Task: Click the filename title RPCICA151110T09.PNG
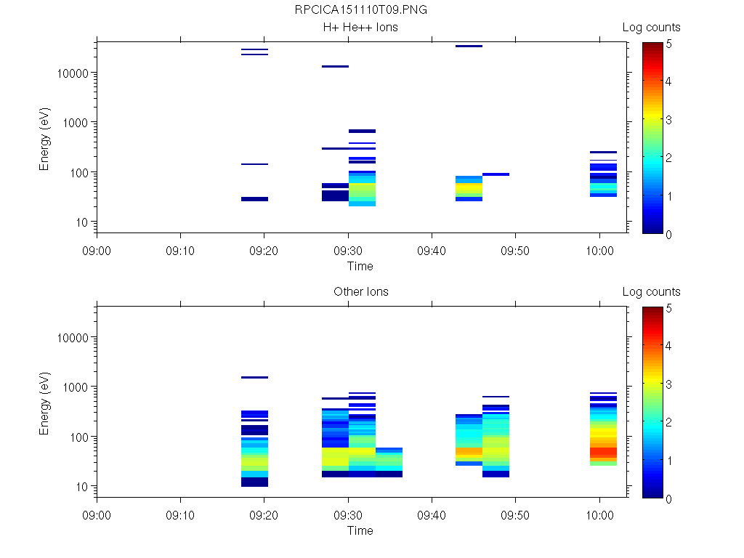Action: tap(361, 10)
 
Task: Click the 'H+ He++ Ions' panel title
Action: tap(361, 28)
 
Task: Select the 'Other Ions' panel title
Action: tap(361, 292)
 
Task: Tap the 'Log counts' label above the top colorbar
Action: tap(651, 28)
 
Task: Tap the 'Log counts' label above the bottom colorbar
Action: tap(651, 292)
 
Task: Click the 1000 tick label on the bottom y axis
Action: tap(75, 387)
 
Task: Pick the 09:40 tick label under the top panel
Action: tap(432, 249)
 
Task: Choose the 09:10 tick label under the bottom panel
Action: tap(180, 514)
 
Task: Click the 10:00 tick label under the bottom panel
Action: tap(599, 514)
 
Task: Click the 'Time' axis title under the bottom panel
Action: tap(360, 530)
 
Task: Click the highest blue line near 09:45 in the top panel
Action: tap(469, 46)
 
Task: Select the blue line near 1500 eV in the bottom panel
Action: tap(255, 378)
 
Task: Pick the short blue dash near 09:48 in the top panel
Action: tap(496, 174)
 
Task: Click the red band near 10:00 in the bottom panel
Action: tap(603, 452)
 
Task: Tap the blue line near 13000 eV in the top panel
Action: tap(335, 67)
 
